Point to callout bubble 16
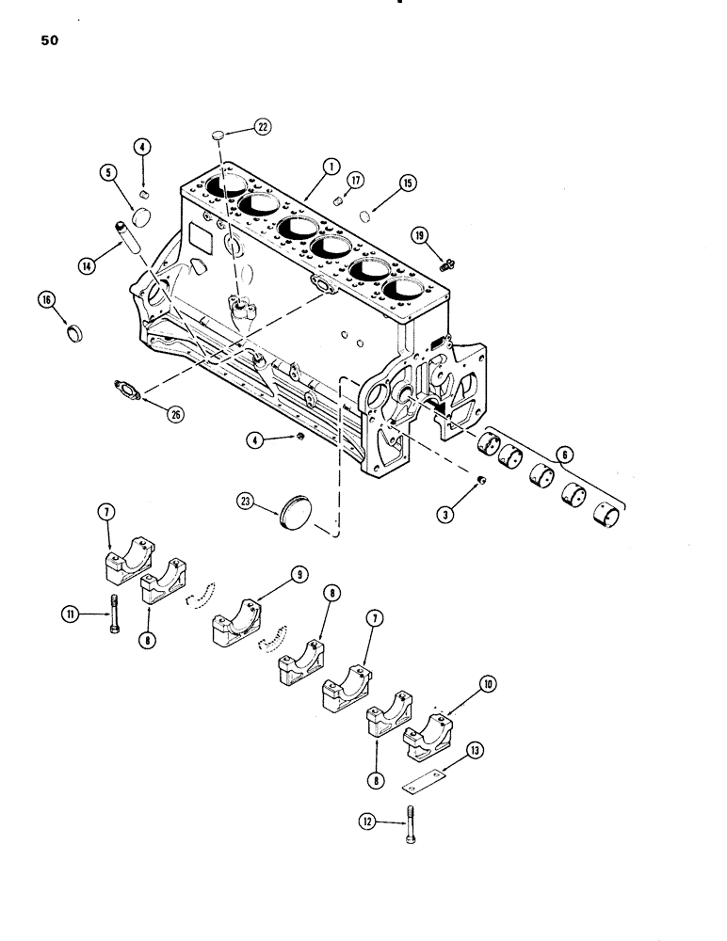(48, 300)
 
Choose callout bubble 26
(175, 415)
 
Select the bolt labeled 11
(115, 615)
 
